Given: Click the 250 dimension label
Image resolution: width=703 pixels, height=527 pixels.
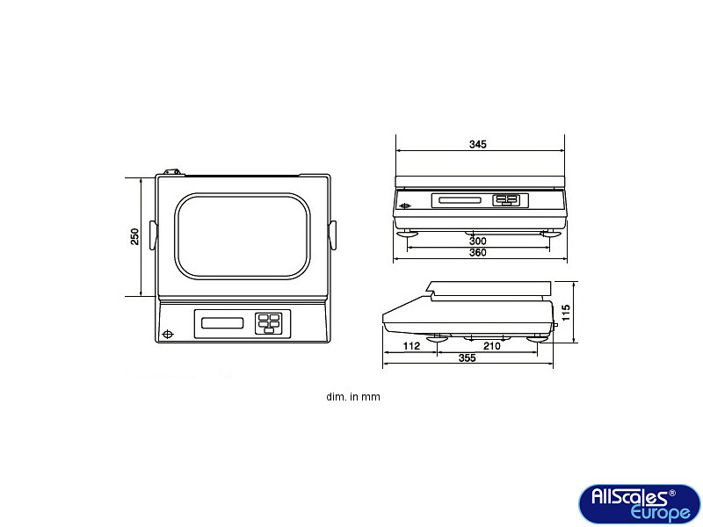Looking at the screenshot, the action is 134,236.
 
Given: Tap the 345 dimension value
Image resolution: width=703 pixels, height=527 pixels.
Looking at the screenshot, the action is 477,144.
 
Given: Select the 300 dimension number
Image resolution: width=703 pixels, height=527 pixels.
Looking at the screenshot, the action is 477,241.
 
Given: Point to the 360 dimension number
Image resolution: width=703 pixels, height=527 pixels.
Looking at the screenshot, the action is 477,253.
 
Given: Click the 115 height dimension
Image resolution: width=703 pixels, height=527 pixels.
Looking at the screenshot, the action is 566,313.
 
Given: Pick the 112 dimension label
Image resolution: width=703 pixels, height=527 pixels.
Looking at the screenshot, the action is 411,346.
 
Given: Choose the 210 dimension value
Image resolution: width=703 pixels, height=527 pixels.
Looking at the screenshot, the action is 492,346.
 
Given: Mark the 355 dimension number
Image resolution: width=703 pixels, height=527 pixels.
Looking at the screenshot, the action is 467,358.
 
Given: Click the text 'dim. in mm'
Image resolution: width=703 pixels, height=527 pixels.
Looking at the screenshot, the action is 353,397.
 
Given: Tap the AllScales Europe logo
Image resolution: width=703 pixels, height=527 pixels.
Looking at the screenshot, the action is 640,503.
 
